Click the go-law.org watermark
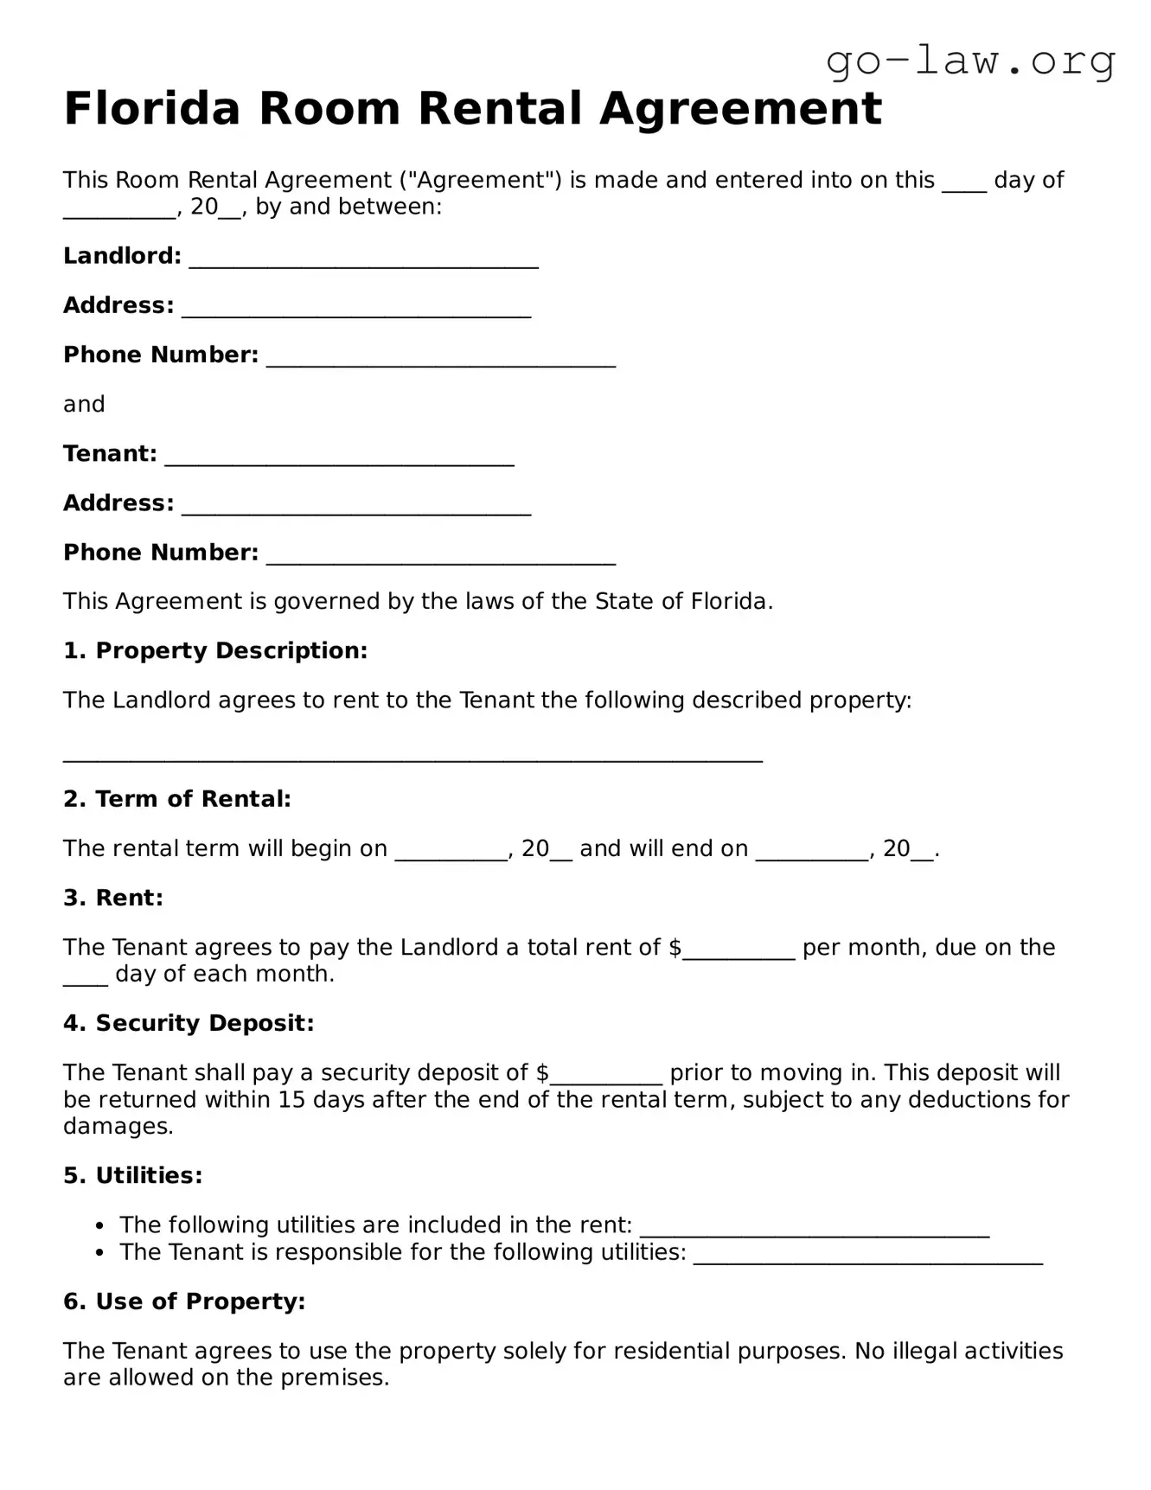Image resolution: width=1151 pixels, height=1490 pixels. [x=970, y=62]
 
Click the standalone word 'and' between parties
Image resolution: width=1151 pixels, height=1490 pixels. [x=84, y=405]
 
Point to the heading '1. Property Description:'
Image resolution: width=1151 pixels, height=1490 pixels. [x=215, y=651]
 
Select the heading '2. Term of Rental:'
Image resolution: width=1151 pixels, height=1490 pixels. [x=177, y=799]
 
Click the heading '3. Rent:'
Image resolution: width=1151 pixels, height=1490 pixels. [x=113, y=898]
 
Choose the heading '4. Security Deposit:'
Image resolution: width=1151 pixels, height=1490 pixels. [x=189, y=1024]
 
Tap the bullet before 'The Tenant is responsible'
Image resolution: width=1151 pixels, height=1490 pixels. [x=101, y=1253]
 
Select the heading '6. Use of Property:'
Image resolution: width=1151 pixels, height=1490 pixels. [x=184, y=1302]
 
